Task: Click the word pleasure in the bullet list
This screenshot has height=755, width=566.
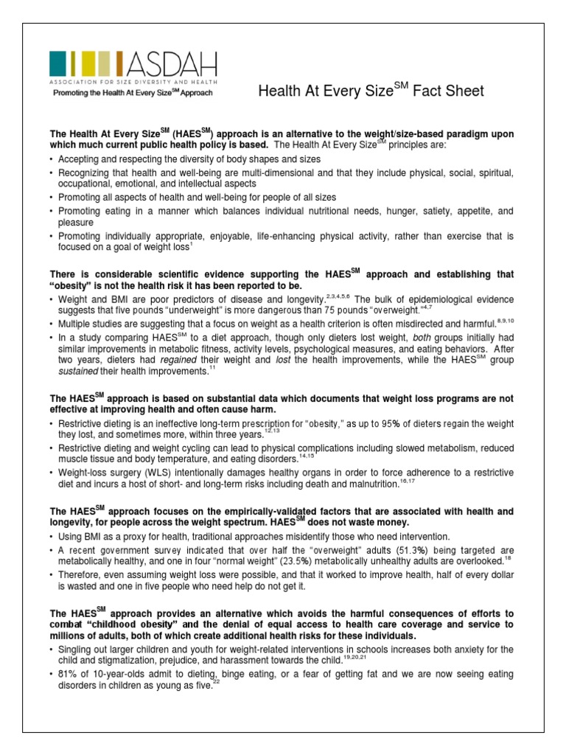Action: coord(76,221)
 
